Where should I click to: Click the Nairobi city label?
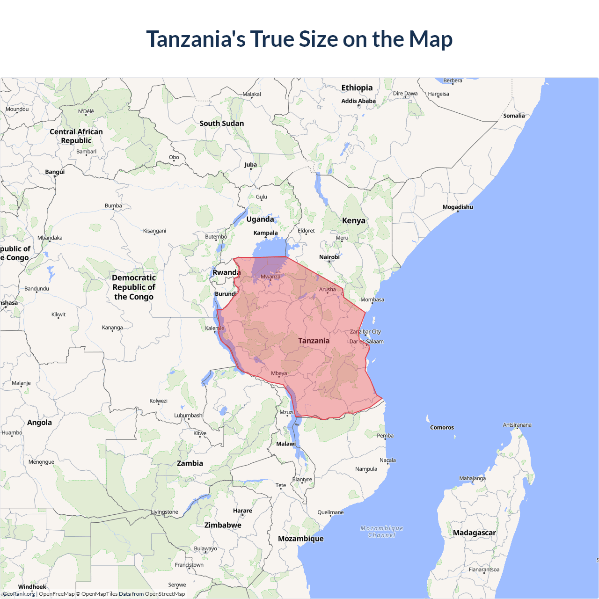coord(329,257)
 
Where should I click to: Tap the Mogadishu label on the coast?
coord(458,207)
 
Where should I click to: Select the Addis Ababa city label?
coord(358,101)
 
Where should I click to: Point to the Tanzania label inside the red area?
coord(314,341)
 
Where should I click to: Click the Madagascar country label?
coord(474,533)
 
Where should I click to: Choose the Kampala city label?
coord(265,233)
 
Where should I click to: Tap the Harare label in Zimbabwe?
coord(242,511)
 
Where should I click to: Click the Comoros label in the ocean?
coord(442,427)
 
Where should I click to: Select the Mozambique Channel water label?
coord(382,532)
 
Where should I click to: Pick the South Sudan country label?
coord(222,123)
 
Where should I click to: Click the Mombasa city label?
coord(372,299)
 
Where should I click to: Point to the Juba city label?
coord(250,164)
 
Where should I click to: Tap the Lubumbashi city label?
coord(189,415)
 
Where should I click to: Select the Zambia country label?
coord(190,463)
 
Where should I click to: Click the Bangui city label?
coord(55,172)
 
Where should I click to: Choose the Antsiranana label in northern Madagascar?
coord(517,425)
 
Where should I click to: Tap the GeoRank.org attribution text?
coord(19,594)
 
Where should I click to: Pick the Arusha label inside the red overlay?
coord(327,289)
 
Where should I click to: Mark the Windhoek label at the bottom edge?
coord(32,587)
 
